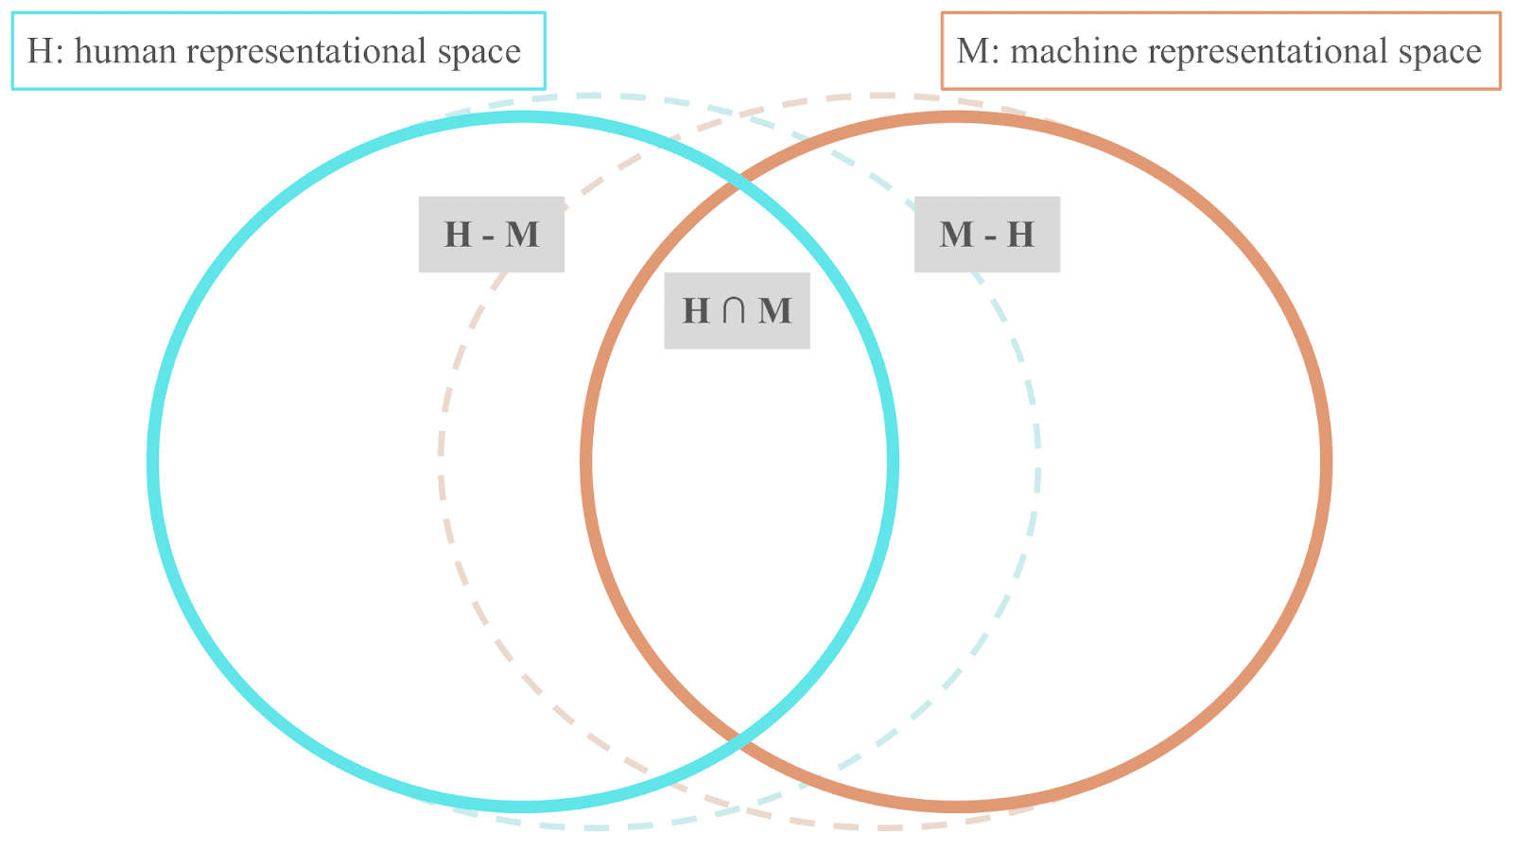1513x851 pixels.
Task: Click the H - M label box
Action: pos(491,234)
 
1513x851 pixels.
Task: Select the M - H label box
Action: pos(986,234)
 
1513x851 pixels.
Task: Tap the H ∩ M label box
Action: pos(737,311)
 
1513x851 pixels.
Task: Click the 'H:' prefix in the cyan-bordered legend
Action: pos(45,51)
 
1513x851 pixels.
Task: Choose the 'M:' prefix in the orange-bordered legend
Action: pos(978,51)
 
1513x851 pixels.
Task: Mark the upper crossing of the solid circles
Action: pos(739,183)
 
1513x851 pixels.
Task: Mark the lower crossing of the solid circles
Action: pos(739,741)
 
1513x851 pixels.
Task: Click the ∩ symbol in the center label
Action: pos(734,311)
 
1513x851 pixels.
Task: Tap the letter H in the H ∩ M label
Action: pos(696,311)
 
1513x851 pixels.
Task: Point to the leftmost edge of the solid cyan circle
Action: pos(153,461)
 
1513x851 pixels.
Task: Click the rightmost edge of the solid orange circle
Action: pos(1327,461)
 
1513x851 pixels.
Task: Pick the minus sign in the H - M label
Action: pos(489,236)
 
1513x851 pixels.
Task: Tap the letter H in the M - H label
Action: pos(1020,234)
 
